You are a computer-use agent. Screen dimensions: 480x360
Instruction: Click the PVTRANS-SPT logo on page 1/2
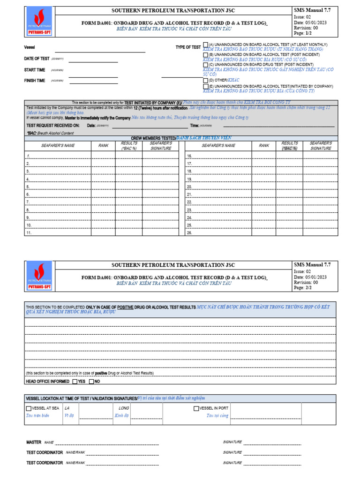click(x=39, y=22)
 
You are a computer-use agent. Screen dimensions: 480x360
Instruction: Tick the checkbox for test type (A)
click(x=206, y=45)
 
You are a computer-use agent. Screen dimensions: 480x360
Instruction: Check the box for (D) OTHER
click(x=206, y=81)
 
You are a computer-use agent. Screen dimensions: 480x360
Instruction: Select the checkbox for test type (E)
click(x=206, y=87)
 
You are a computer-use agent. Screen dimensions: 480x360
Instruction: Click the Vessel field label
click(x=30, y=48)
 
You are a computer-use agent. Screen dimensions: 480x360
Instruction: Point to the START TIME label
click(x=35, y=70)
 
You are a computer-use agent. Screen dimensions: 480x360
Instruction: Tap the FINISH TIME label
click(x=35, y=81)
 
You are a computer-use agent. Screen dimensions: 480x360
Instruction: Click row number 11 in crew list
click(x=29, y=232)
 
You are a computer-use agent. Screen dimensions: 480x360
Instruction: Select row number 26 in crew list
click(x=189, y=232)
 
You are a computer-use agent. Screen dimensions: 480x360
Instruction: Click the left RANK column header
click(x=103, y=146)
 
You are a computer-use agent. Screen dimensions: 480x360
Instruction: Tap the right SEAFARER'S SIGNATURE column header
click(x=321, y=146)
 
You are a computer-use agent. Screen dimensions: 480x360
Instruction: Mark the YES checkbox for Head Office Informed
click(x=75, y=382)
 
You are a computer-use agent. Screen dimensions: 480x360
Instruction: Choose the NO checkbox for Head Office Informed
click(x=91, y=382)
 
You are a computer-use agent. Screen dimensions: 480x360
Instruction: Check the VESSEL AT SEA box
click(x=29, y=408)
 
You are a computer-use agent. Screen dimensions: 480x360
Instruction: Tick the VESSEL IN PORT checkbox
click(x=196, y=408)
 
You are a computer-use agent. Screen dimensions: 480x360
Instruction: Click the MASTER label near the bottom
click(x=34, y=442)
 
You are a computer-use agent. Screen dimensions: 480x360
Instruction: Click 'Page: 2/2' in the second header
click(x=303, y=288)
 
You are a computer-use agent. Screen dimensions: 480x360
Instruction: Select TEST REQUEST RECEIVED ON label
click(x=53, y=126)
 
